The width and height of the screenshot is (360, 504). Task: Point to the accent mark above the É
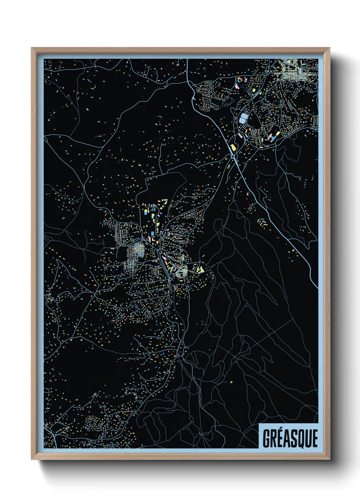pyautogui.click(x=281, y=430)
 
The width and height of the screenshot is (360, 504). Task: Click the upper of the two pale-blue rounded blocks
pyautogui.click(x=244, y=116)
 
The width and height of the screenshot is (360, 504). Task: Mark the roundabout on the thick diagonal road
pyautogui.click(x=233, y=156)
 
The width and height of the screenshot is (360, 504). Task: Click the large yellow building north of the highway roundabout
pyautogui.click(x=234, y=147)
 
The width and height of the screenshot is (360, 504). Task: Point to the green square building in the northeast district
pyautogui.click(x=253, y=91)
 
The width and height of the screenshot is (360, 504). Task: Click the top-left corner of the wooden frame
pyautogui.click(x=32, y=48)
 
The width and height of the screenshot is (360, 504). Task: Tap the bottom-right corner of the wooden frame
pyautogui.click(x=329, y=459)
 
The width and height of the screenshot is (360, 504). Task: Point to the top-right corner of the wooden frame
pyautogui.click(x=329, y=48)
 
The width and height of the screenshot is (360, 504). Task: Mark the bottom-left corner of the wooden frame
pyautogui.click(x=32, y=459)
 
